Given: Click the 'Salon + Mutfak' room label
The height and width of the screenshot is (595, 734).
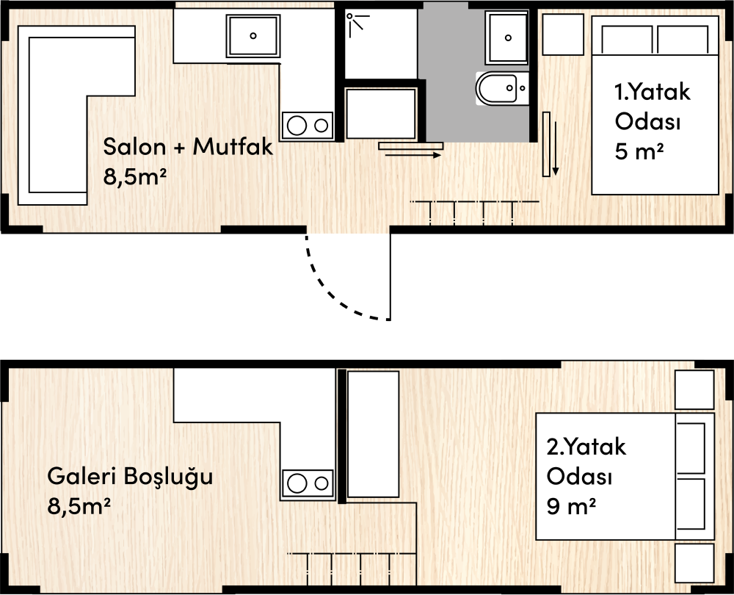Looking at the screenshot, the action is click(x=188, y=147).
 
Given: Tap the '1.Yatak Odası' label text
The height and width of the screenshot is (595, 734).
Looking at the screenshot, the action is click(x=652, y=107).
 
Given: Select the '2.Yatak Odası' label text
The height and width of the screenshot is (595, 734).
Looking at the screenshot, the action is click(x=586, y=461).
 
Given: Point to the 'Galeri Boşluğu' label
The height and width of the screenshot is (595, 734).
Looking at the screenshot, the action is click(x=130, y=477).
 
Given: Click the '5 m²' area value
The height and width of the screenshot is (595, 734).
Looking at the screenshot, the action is click(x=639, y=152).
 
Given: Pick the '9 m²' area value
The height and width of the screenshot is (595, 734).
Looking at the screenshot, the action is click(x=571, y=506).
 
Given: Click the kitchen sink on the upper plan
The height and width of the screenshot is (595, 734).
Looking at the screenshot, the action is click(x=253, y=35).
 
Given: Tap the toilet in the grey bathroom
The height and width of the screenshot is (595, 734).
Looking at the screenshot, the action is click(x=502, y=88).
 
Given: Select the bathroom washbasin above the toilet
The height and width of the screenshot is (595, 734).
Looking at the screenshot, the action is click(x=508, y=38).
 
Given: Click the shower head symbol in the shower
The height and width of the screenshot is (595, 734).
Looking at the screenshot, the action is click(x=355, y=21).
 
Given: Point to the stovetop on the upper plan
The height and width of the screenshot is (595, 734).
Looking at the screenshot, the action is click(x=307, y=125).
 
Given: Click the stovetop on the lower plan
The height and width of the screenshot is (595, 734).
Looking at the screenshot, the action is click(x=307, y=483).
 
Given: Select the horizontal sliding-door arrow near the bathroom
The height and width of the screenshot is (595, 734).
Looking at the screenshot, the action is click(x=413, y=154).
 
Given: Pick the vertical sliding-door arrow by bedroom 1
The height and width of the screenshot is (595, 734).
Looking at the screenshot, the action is click(x=556, y=148).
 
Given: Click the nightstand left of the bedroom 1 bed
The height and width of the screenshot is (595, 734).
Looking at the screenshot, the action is click(x=563, y=35).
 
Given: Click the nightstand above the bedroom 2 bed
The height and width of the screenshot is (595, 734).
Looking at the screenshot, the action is click(x=694, y=389).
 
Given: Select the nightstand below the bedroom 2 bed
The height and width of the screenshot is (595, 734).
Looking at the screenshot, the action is click(x=694, y=563).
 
